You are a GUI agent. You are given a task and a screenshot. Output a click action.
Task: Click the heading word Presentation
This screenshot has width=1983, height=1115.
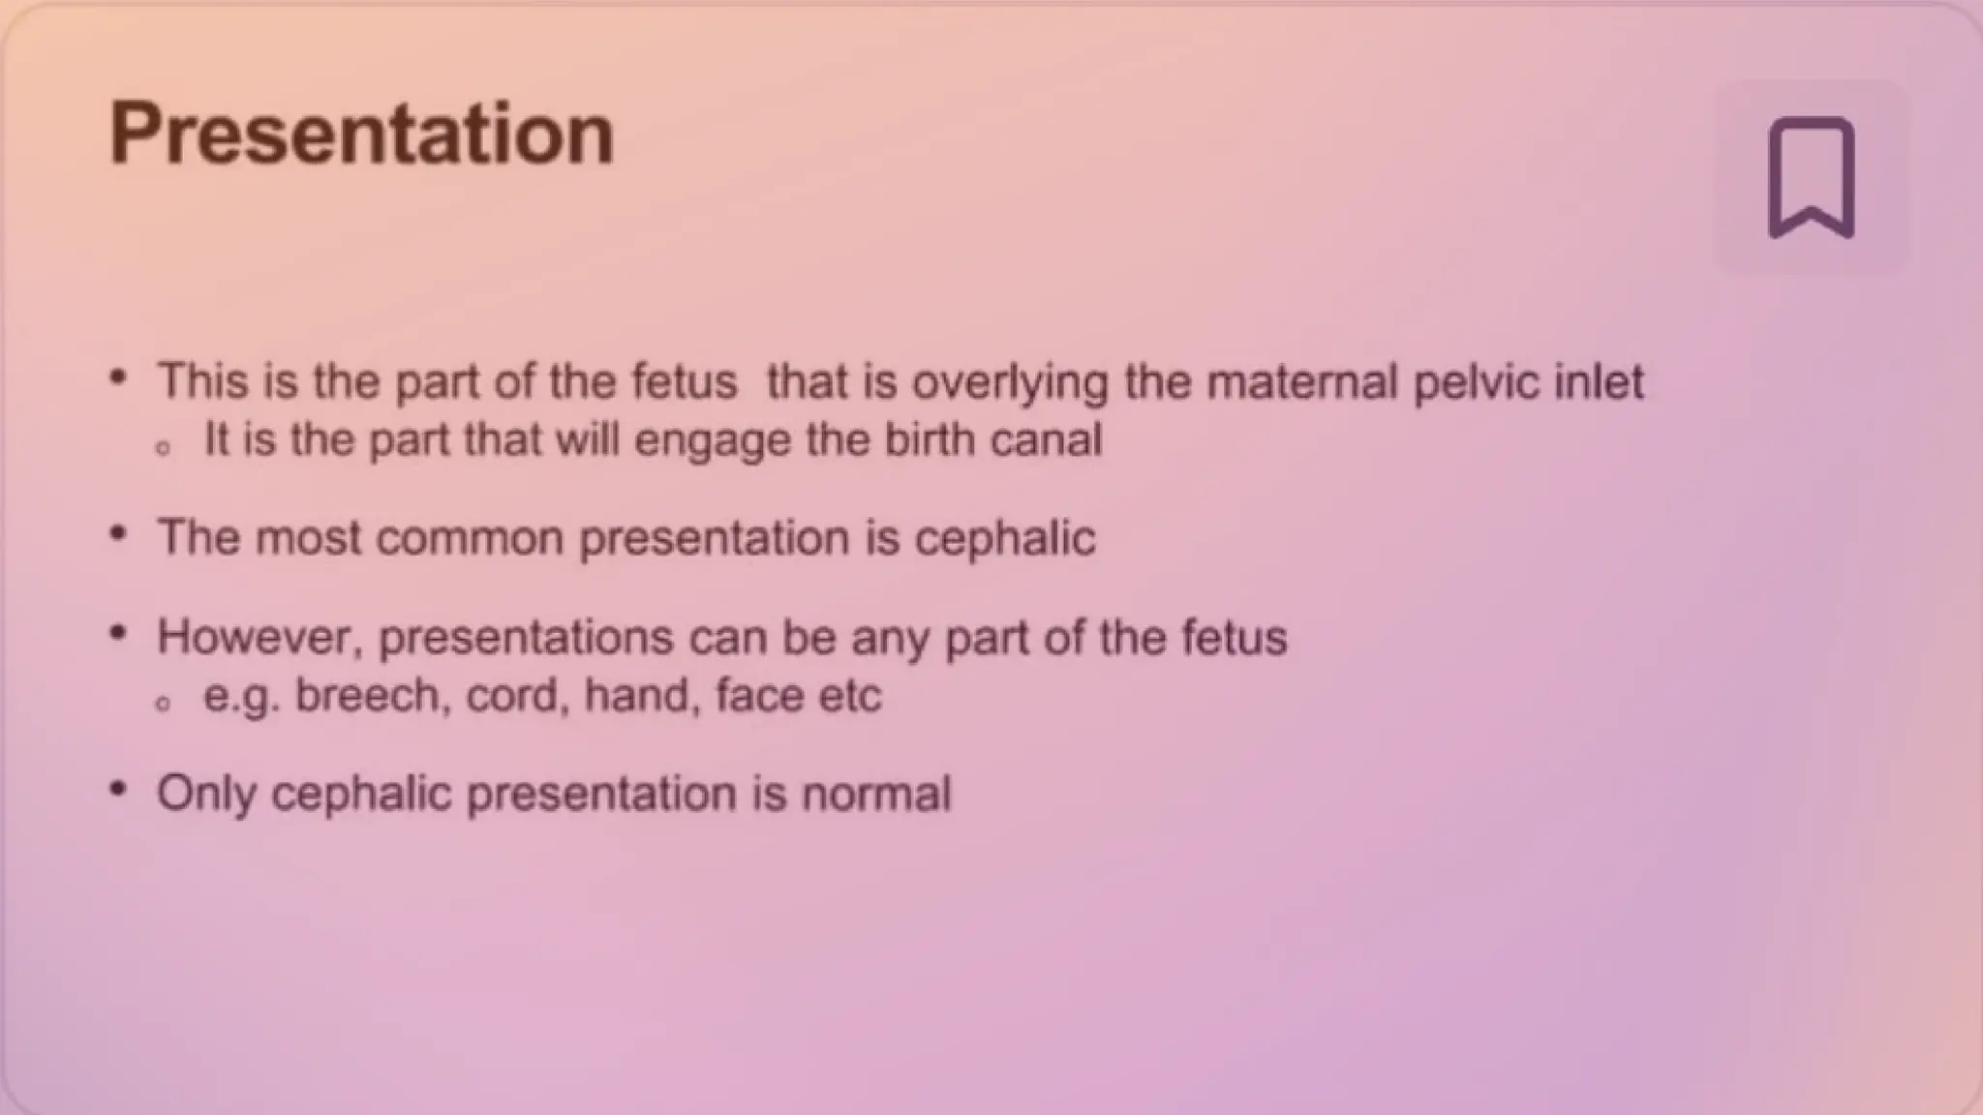coord(361,134)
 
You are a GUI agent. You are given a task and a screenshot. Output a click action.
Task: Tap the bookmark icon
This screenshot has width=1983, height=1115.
coord(1811,178)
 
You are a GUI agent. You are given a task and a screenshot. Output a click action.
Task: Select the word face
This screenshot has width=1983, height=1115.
coord(757,696)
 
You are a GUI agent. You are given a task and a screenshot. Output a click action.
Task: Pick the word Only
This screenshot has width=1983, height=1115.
coord(206,795)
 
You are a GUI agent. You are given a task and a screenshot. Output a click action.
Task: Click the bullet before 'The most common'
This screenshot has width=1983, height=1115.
coord(118,534)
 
